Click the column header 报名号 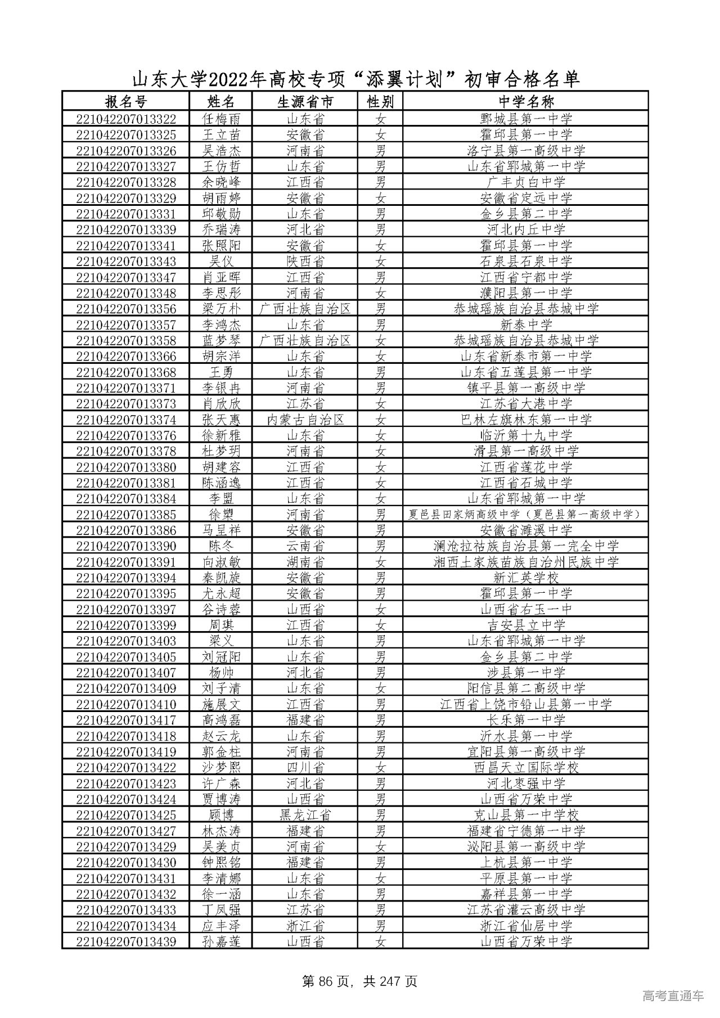pyautogui.click(x=125, y=102)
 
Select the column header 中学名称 pyautogui.click(x=526, y=102)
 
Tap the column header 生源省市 pyautogui.click(x=305, y=102)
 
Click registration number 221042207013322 pyautogui.click(x=125, y=119)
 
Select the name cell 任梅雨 pyautogui.click(x=221, y=119)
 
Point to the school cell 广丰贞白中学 pyautogui.click(x=526, y=182)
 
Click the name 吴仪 pyautogui.click(x=221, y=261)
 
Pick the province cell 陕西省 pyautogui.click(x=305, y=261)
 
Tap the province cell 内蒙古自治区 pyautogui.click(x=305, y=420)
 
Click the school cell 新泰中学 pyautogui.click(x=526, y=325)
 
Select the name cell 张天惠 pyautogui.click(x=221, y=420)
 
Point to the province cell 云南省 pyautogui.click(x=305, y=546)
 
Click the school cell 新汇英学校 pyautogui.click(x=526, y=578)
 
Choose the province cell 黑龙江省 pyautogui.click(x=305, y=815)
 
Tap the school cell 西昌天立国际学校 pyautogui.click(x=526, y=768)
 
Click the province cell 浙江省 pyautogui.click(x=305, y=926)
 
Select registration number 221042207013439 pyautogui.click(x=125, y=942)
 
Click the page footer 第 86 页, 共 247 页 pyautogui.click(x=359, y=982)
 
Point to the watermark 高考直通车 pyautogui.click(x=672, y=996)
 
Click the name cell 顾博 pyautogui.click(x=221, y=815)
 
